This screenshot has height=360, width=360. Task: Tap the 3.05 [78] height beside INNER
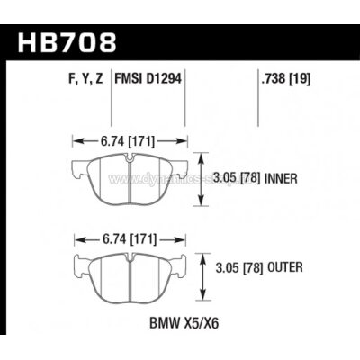click(x=236, y=177)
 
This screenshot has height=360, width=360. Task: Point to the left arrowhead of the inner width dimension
click(x=74, y=140)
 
